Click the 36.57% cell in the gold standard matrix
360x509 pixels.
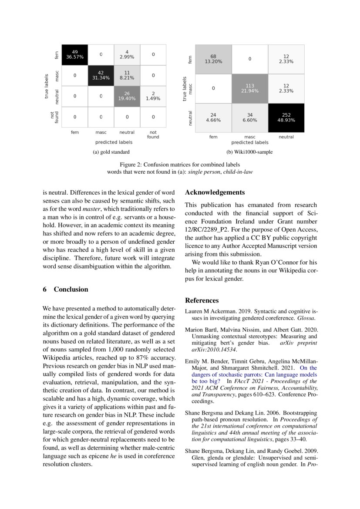pyautogui.click(x=75, y=54)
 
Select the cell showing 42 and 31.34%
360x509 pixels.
pyautogui.click(x=101, y=75)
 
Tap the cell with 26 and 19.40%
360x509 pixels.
pyautogui.click(x=127, y=96)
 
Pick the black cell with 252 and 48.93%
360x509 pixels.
pyautogui.click(x=286, y=117)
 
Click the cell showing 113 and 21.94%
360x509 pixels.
pyautogui.click(x=250, y=88)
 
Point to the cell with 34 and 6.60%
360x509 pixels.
pyautogui.click(x=250, y=117)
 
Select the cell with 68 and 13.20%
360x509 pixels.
pyautogui.click(x=213, y=59)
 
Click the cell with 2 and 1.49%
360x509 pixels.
pyautogui.click(x=153, y=96)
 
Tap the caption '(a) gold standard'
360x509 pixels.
pyautogui.click(x=111, y=152)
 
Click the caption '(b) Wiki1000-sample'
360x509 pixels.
pyautogui.click(x=249, y=152)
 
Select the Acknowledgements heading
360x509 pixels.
pyautogui.click(x=215, y=192)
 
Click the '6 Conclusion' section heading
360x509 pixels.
pyautogui.click(x=65, y=290)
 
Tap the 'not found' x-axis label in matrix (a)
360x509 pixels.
pyautogui.click(x=153, y=135)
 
